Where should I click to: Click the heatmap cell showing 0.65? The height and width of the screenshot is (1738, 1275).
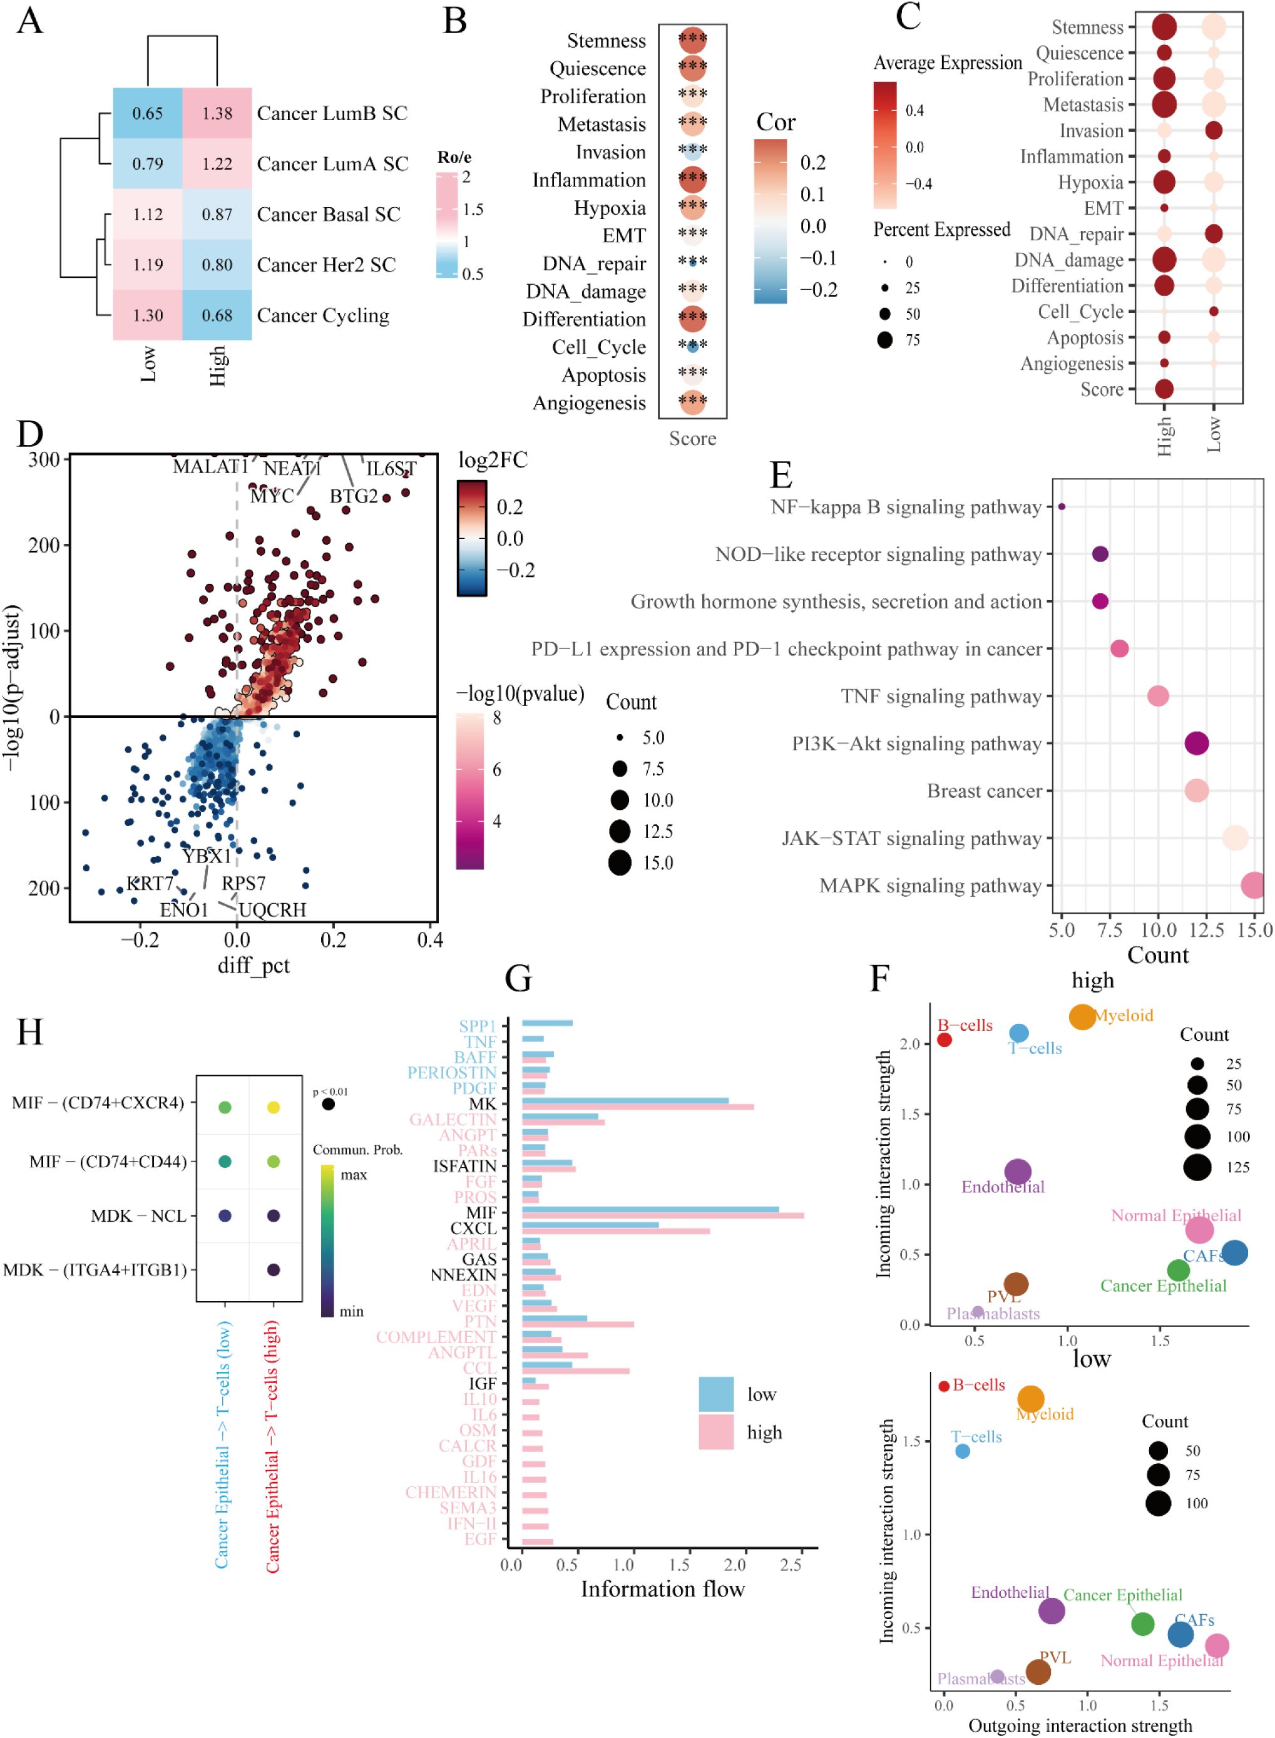point(148,113)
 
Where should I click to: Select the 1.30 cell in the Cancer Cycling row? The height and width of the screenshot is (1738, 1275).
point(148,315)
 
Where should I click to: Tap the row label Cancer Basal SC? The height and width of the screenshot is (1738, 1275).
point(328,214)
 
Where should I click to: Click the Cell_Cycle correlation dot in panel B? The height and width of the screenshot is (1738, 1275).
point(692,347)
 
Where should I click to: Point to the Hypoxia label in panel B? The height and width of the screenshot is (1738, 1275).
point(609,208)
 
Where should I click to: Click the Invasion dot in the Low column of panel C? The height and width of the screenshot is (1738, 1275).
point(1213,130)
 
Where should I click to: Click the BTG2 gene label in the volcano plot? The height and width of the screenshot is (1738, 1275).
point(354,496)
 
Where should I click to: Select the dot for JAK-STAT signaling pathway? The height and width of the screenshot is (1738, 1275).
point(1235,838)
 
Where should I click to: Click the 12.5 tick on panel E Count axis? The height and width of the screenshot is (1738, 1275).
point(1206,930)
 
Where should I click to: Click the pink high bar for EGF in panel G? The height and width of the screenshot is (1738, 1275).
point(537,1542)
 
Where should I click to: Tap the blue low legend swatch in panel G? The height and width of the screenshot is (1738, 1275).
point(715,1394)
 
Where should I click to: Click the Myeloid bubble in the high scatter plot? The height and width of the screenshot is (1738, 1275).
point(1082,1016)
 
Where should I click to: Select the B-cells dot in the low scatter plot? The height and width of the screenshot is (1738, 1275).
point(943,1386)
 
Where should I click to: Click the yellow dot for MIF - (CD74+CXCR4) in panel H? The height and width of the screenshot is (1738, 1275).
point(273,1108)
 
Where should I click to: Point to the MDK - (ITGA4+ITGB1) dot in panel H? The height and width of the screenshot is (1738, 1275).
point(273,1269)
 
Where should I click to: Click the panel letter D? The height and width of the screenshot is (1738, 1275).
point(30,434)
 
